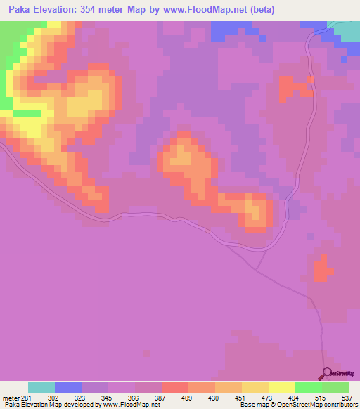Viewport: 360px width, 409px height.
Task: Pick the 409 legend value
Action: tap(188, 398)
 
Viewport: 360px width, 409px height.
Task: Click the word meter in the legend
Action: tap(10, 398)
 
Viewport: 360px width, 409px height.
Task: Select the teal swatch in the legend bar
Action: tap(41, 387)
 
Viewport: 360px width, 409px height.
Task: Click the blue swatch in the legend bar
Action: tap(68, 387)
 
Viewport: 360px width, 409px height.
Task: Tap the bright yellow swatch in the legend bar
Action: tap(281, 387)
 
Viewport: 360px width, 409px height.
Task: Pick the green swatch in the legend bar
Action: tap(308, 387)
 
